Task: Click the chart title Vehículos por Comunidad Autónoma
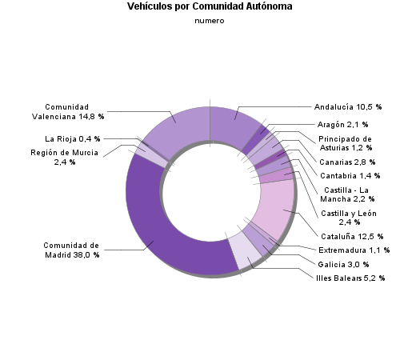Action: point(210,6)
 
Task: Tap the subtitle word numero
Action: point(210,21)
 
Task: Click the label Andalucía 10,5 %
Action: point(348,106)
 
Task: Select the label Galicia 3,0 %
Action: point(344,264)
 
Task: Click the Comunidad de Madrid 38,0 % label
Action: point(70,250)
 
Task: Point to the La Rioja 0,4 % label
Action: point(73,138)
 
